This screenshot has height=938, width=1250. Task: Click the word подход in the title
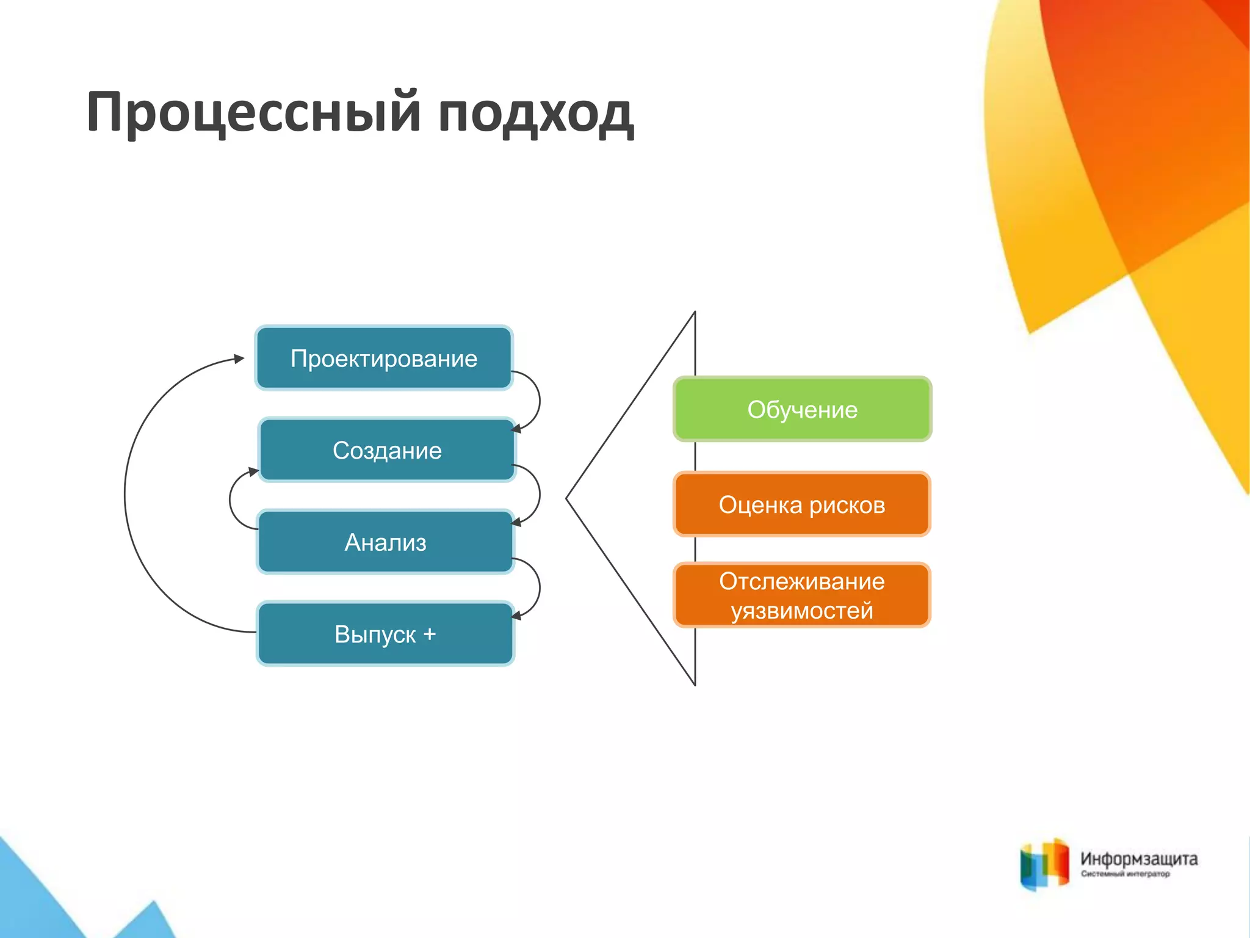pyautogui.click(x=536, y=114)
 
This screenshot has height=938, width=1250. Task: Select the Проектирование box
pyautogui.click(x=384, y=358)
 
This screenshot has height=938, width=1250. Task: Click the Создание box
pyautogui.click(x=387, y=451)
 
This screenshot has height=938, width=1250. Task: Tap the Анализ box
pyautogui.click(x=385, y=542)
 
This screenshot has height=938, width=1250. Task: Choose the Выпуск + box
pyautogui.click(x=385, y=634)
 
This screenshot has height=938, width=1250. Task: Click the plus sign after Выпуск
pyautogui.click(x=430, y=633)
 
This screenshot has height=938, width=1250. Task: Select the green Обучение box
pyautogui.click(x=802, y=409)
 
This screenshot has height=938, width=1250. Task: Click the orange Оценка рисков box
pyautogui.click(x=802, y=505)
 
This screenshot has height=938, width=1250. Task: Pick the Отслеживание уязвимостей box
pyautogui.click(x=802, y=595)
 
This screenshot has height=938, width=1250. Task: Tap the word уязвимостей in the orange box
pyautogui.click(x=802, y=611)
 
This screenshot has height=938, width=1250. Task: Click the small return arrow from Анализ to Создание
pyautogui.click(x=230, y=500)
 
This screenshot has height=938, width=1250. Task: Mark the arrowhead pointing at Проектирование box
pyautogui.click(x=239, y=359)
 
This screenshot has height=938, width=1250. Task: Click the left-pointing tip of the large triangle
pyautogui.click(x=568, y=498)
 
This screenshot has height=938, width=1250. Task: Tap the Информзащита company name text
pyautogui.click(x=1139, y=859)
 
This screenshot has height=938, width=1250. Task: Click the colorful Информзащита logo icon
pyautogui.click(x=1044, y=864)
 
